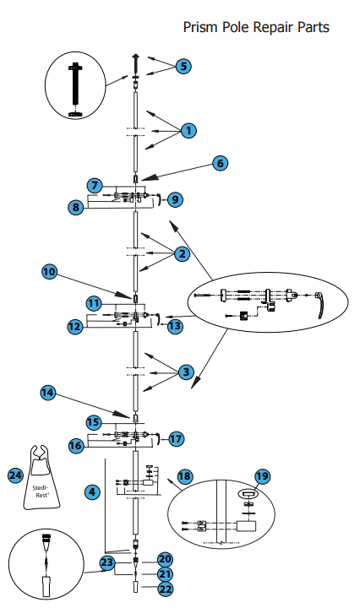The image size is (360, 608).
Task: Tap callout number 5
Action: tap(183, 66)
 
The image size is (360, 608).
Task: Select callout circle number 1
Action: tap(188, 130)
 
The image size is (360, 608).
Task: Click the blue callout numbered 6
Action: tap(221, 163)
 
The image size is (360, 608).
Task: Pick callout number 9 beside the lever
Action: tap(175, 199)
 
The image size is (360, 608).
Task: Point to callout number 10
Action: tap(49, 271)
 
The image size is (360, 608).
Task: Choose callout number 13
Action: tap(175, 326)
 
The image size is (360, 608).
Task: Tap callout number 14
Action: tap(47, 393)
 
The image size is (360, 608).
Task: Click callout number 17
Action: tap(176, 439)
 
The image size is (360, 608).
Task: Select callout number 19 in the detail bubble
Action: tap(262, 476)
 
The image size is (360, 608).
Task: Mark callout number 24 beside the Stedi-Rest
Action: tap(15, 475)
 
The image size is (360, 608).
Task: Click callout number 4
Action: tap(92, 492)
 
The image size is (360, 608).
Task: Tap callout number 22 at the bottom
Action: tap(166, 589)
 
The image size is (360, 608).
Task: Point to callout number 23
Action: tap(107, 562)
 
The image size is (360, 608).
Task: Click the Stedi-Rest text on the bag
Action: tap(41, 491)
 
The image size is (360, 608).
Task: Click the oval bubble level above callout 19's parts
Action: tap(248, 494)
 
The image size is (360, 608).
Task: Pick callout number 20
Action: tap(165, 559)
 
